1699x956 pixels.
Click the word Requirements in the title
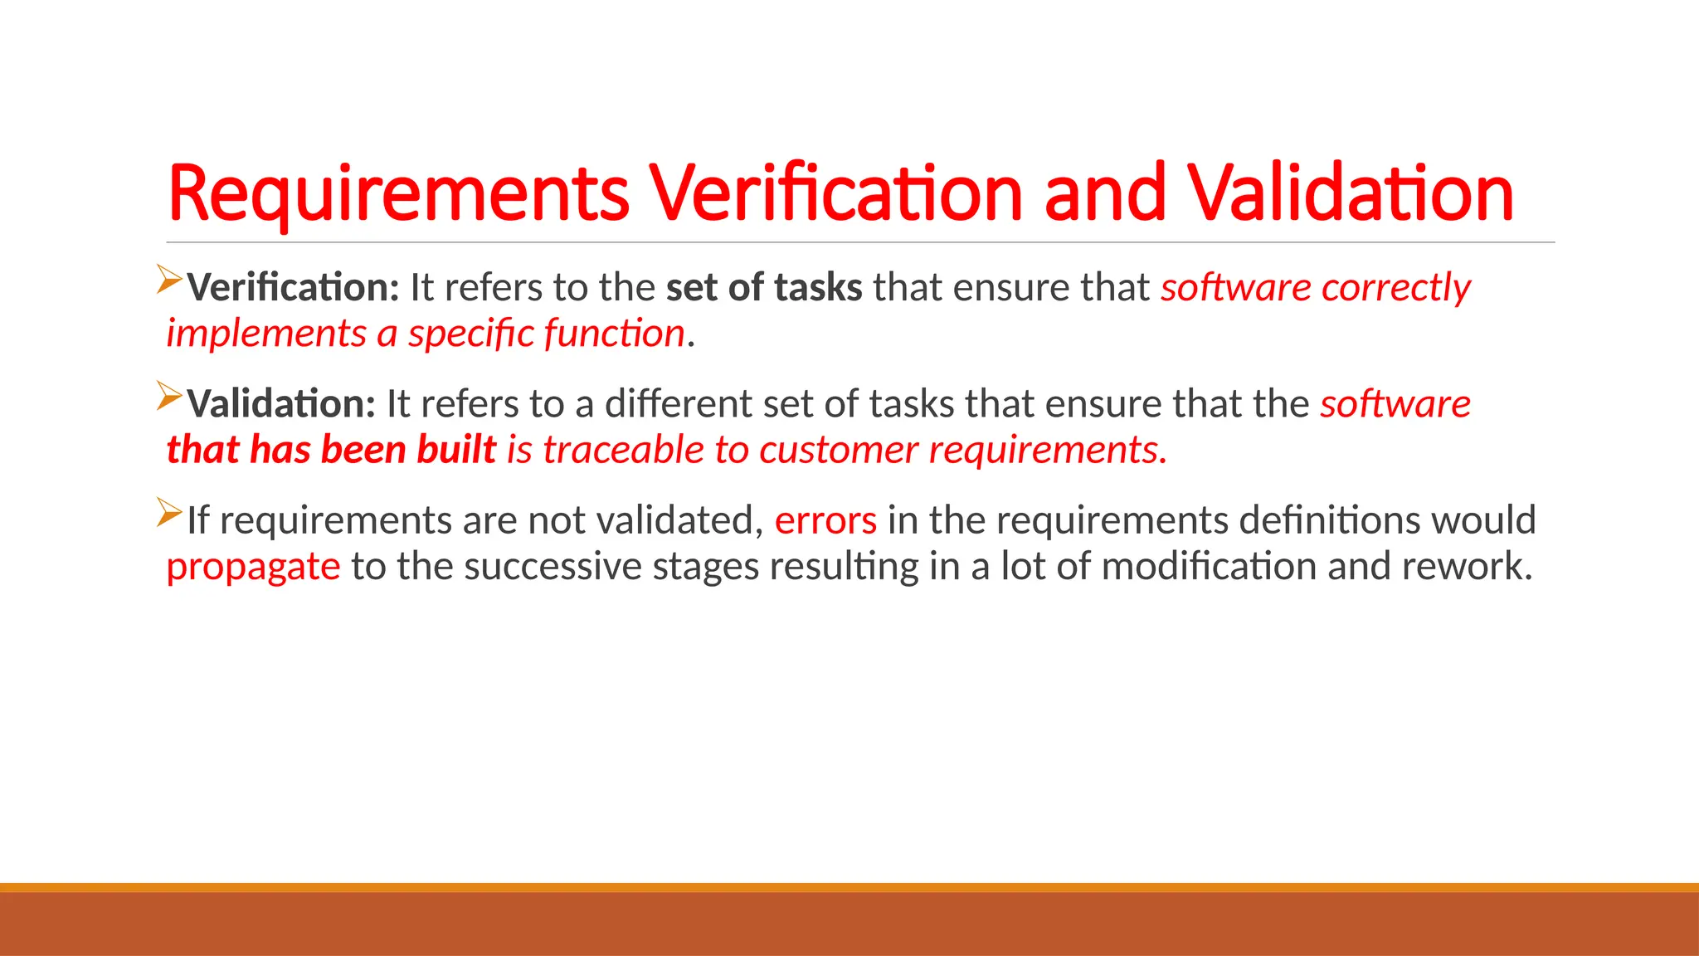pyautogui.click(x=398, y=194)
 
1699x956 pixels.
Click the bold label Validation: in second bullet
pyautogui.click(x=281, y=404)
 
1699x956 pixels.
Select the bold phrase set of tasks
pyautogui.click(x=764, y=288)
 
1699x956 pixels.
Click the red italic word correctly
pyautogui.click(x=1396, y=288)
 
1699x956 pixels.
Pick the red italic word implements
pyautogui.click(x=266, y=334)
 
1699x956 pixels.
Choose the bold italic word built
pyautogui.click(x=456, y=450)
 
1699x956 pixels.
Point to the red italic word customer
pyautogui.click(x=838, y=450)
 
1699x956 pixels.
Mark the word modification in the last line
pyautogui.click(x=1209, y=566)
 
